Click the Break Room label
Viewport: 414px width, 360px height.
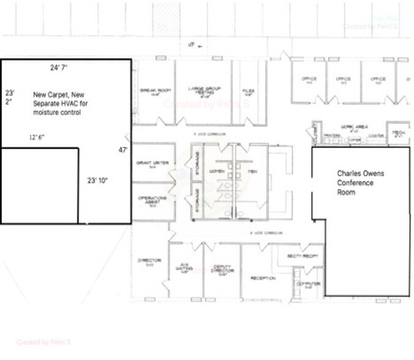point(155,91)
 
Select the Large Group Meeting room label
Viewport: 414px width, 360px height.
point(204,91)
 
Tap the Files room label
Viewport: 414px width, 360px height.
point(248,92)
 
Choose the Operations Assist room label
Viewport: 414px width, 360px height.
point(149,200)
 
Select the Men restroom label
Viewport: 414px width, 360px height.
point(251,171)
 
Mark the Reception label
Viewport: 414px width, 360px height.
point(263,278)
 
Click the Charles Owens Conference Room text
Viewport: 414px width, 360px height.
point(361,182)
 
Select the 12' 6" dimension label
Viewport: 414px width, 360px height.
point(37,137)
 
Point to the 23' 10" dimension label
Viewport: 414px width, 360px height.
point(98,181)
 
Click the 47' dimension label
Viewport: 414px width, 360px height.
point(123,149)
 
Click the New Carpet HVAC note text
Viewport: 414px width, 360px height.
point(61,103)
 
